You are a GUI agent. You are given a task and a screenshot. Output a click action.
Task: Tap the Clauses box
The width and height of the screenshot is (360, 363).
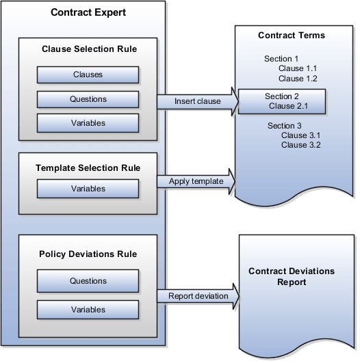(88, 74)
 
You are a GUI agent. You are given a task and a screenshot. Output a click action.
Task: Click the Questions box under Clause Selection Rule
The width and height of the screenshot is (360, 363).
(88, 99)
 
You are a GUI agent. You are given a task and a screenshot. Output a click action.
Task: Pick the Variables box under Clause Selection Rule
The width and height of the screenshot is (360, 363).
(88, 123)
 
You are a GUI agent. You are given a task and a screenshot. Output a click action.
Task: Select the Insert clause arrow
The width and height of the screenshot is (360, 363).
(198, 102)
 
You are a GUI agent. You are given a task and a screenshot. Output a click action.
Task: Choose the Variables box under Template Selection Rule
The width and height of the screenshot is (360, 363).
(88, 188)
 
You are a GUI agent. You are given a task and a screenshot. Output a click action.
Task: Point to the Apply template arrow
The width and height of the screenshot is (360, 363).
(198, 182)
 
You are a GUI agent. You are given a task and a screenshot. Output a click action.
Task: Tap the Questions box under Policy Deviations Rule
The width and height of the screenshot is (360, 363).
(88, 280)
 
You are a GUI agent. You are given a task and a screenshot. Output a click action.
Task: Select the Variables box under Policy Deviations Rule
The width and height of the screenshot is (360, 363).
(88, 309)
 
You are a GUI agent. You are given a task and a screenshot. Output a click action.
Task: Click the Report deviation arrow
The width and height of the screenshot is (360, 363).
(198, 296)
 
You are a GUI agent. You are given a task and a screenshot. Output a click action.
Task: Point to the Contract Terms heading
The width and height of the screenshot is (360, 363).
(291, 35)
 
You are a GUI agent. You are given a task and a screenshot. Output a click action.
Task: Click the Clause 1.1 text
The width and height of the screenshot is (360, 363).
(298, 68)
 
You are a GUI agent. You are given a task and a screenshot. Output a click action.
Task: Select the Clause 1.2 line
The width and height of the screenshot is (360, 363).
(298, 79)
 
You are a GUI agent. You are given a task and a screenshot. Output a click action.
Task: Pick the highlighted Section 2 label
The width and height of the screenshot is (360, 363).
(282, 96)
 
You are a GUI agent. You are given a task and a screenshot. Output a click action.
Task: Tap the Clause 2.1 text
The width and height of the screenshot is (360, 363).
(288, 106)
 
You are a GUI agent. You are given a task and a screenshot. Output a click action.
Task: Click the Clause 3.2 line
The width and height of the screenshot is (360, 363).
(300, 145)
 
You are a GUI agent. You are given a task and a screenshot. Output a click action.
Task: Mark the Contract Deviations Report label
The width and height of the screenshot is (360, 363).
(292, 276)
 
